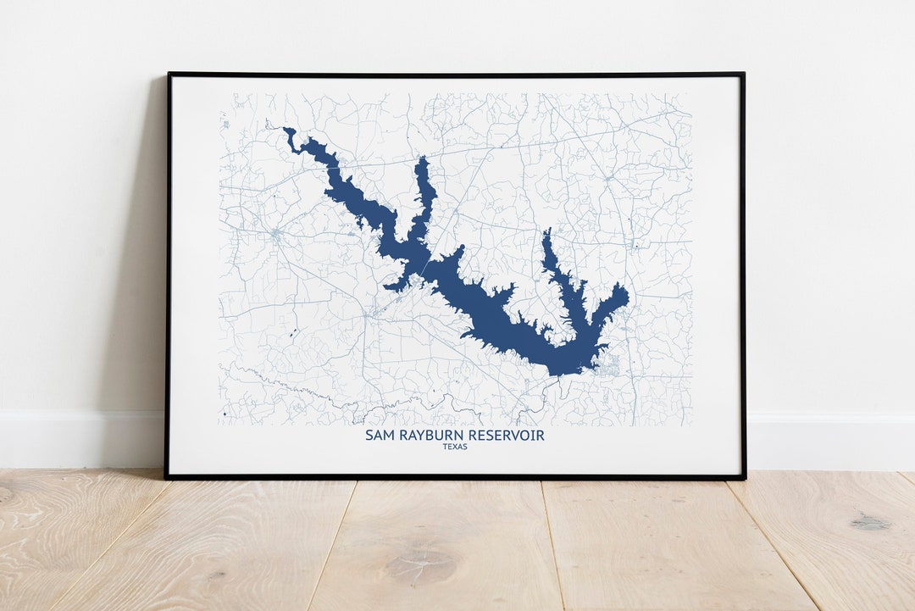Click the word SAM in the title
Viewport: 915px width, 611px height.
[378, 436]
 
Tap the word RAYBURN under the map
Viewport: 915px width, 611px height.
[429, 436]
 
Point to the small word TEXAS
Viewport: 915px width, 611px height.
[455, 447]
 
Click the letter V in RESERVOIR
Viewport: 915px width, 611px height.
[518, 436]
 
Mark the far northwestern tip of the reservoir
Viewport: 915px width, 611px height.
[286, 130]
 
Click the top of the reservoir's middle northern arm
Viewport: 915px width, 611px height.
[422, 158]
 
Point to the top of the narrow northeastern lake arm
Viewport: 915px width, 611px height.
[546, 230]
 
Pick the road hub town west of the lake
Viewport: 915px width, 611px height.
[277, 233]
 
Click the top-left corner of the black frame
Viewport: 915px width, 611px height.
[168, 75]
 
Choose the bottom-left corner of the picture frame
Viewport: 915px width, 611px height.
[168, 477]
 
